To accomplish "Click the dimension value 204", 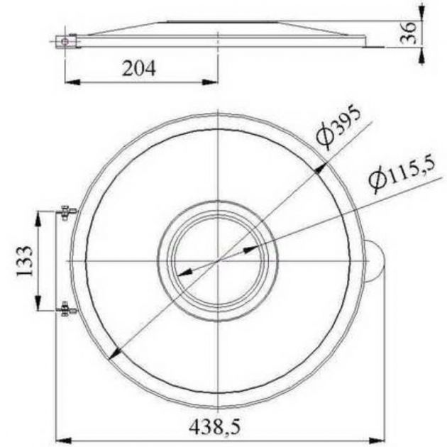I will coord(138,69).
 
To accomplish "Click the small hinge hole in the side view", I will coord(65,41).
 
